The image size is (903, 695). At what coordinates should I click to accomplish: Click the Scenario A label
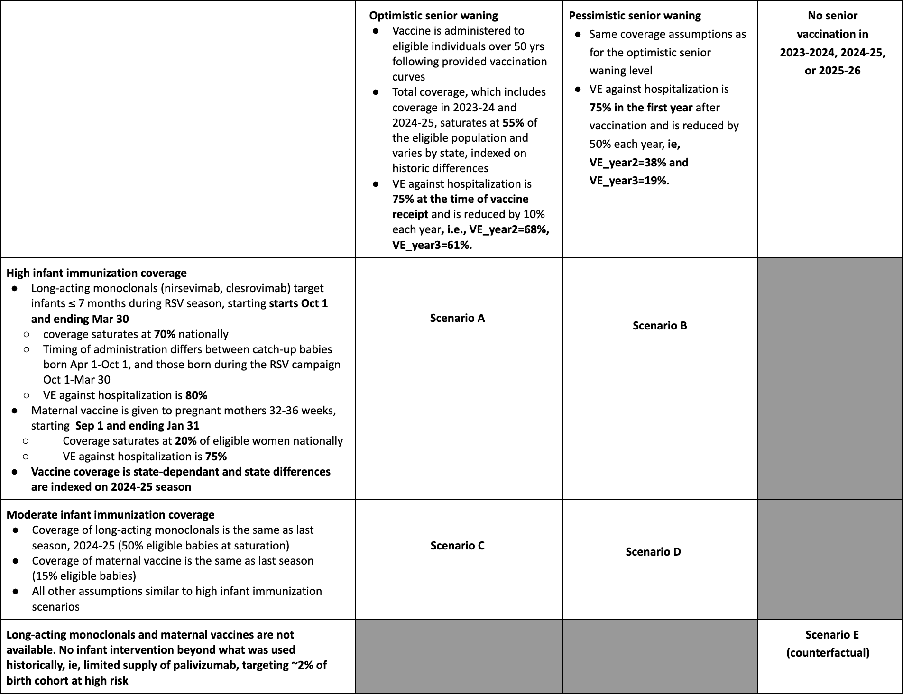point(457,318)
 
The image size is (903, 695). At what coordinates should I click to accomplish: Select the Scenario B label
point(660,326)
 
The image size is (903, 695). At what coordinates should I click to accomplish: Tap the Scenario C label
point(457,546)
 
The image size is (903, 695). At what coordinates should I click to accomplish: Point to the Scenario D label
point(653,552)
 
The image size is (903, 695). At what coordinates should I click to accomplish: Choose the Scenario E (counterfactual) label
point(828,644)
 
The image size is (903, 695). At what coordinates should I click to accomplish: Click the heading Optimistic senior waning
point(433,16)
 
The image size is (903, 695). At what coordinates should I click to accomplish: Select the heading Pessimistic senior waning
point(635,16)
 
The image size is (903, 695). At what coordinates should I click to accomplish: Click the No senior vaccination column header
point(832,43)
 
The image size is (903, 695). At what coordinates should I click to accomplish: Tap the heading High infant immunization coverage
point(96,273)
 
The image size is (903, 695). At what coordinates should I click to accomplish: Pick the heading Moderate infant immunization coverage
point(111,515)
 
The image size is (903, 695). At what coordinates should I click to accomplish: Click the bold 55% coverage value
point(513,123)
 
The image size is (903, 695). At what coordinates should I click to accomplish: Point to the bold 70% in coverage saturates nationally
point(165,334)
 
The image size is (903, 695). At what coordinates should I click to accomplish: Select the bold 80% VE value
point(196,395)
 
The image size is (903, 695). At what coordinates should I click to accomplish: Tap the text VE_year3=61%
point(432,245)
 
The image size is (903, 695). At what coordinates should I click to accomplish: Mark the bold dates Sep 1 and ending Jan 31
point(137,426)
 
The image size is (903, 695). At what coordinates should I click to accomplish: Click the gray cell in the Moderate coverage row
point(830,559)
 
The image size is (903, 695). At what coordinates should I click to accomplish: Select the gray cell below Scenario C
point(459,657)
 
